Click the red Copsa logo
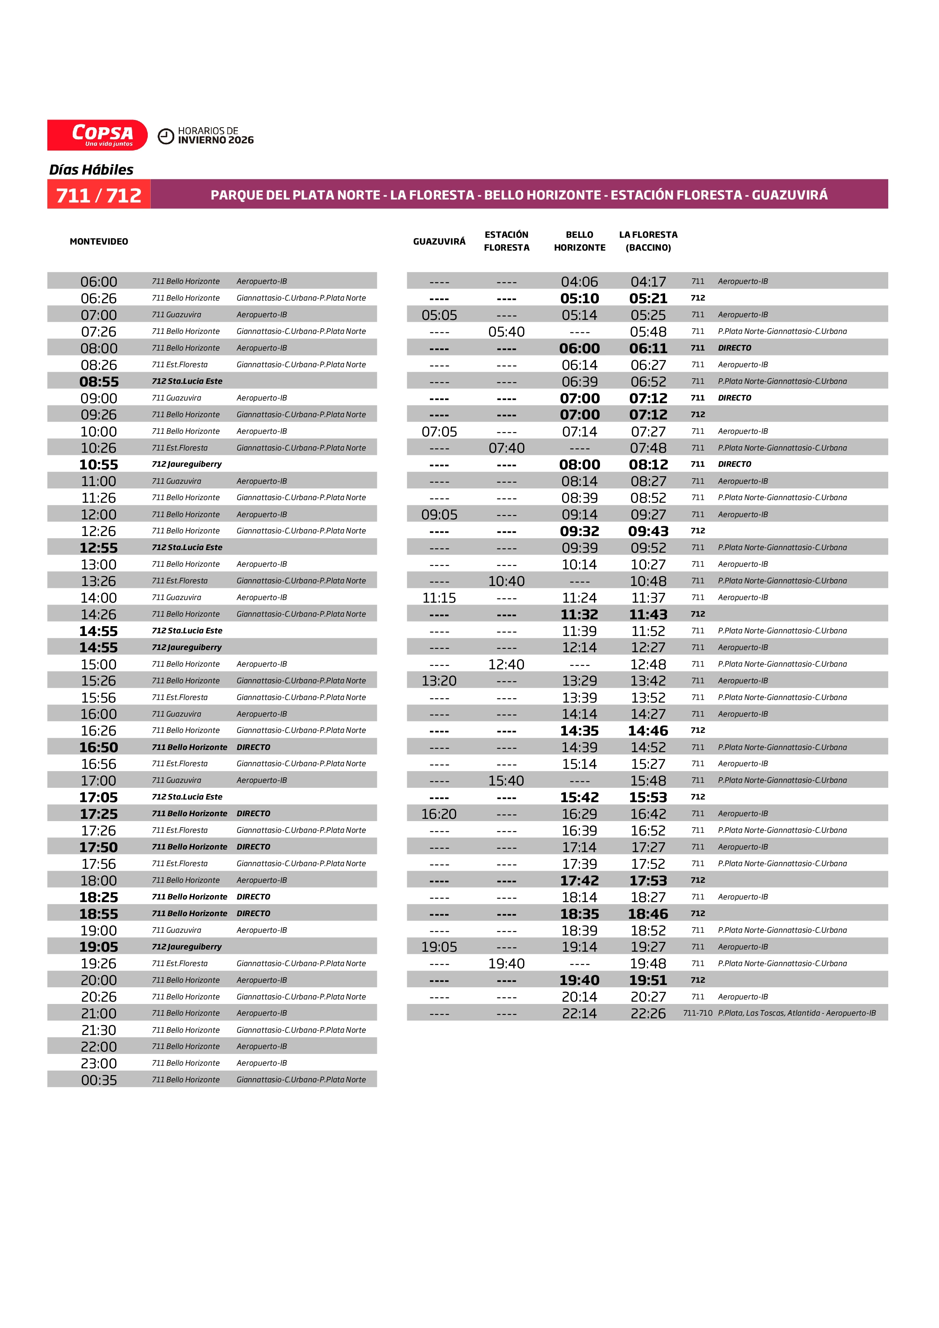97,135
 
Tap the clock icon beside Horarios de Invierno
166,136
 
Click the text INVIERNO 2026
216,140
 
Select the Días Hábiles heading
91,170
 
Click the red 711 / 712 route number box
99,195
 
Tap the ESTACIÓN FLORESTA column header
506,241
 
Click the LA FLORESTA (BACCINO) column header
648,241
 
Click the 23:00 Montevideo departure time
99,1063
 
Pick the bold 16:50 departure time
99,747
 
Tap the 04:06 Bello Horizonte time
579,282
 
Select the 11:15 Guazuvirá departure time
439,597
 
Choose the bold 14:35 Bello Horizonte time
579,731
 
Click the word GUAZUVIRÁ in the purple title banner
790,195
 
